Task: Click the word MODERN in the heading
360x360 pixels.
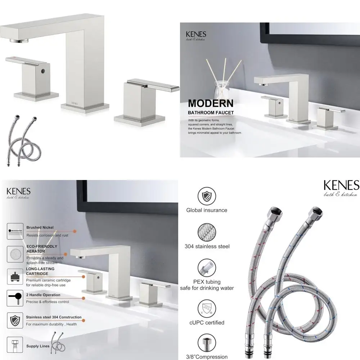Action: [x=211, y=103]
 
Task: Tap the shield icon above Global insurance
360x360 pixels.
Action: [x=207, y=196]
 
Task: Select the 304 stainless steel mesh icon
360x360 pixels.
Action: [x=207, y=232]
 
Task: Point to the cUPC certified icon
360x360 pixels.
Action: [x=207, y=308]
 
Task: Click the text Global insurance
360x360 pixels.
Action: [x=207, y=210]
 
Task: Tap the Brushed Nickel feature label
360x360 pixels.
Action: [x=40, y=228]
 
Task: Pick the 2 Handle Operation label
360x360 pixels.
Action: [x=43, y=295]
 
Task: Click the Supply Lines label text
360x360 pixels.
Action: [x=38, y=346]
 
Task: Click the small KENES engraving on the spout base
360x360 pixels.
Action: [x=75, y=102]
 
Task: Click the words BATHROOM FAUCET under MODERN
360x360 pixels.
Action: [x=211, y=113]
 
